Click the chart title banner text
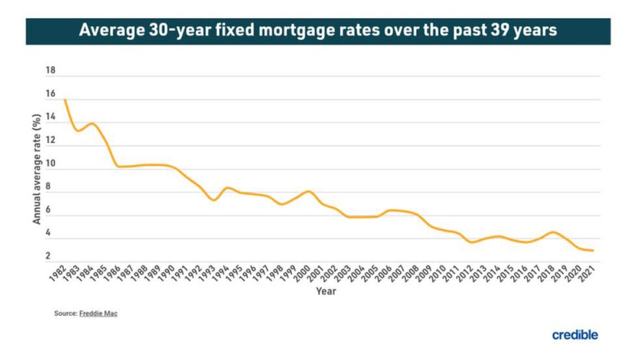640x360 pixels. [317, 30]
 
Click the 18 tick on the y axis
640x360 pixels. [51, 71]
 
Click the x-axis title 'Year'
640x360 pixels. [325, 291]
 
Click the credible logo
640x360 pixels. [575, 335]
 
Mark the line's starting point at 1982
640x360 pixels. [65, 100]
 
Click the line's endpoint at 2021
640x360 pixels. [593, 251]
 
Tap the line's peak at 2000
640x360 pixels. [308, 191]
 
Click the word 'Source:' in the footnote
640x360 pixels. [64, 314]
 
